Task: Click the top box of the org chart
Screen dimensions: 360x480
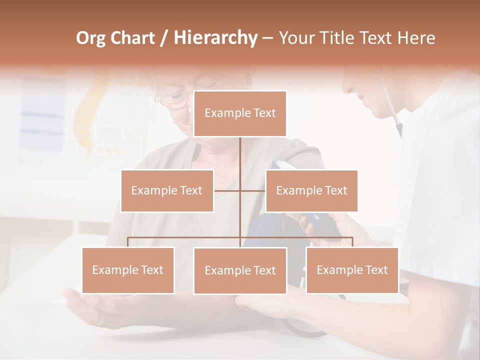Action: pyautogui.click(x=240, y=113)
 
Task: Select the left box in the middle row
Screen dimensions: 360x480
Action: pyautogui.click(x=167, y=190)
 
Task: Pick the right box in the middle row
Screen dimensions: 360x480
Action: pyautogui.click(x=311, y=190)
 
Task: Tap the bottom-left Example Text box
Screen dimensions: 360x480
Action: pyautogui.click(x=128, y=270)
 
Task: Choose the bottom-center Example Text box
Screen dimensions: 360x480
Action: pyautogui.click(x=240, y=270)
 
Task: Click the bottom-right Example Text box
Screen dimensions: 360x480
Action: pyautogui.click(x=352, y=270)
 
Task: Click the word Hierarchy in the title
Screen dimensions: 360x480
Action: pyautogui.click(x=215, y=38)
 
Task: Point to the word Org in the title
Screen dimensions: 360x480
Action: pyautogui.click(x=91, y=38)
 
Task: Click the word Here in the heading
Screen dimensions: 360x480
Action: pyautogui.click(x=416, y=38)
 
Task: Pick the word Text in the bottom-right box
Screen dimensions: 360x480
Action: pyautogui.click(x=376, y=270)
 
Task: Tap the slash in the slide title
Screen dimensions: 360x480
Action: pyautogui.click(x=163, y=38)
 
